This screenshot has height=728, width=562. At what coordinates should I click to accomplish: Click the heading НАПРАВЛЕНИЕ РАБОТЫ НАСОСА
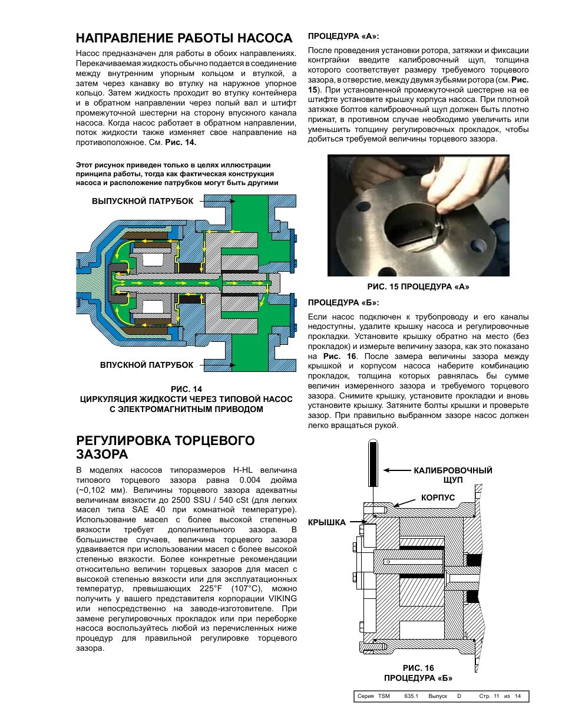pos(184,38)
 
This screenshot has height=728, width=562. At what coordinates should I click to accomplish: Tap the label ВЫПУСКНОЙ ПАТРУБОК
pos(143,201)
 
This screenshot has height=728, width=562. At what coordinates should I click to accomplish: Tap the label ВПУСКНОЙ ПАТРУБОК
pos(147,365)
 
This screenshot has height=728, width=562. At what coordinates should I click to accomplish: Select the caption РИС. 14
pos(186,389)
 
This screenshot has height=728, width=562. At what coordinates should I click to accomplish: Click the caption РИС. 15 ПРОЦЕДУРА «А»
pos(418,286)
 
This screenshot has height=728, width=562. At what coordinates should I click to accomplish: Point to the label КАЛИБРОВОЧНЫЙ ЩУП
pos(452,475)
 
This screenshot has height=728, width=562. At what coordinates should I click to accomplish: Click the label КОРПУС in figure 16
pos(438,498)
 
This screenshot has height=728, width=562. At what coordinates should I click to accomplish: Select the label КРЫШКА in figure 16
pos(326,522)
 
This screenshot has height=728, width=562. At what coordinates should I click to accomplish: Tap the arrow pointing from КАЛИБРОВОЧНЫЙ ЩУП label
pos(397,470)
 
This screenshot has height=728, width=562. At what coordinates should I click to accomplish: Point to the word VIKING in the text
pos(283,598)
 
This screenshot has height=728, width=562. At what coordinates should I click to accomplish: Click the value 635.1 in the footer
pos(411,696)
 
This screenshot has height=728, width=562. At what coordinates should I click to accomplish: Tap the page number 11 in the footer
pos(496,696)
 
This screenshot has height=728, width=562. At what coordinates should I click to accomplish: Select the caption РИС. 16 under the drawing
pos(418,668)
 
